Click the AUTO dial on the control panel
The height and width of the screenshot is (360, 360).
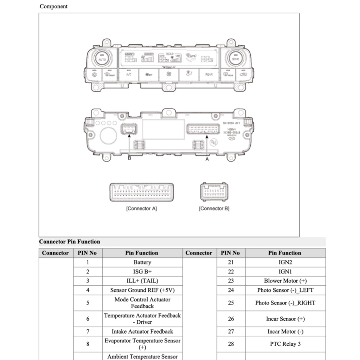coord(102,58)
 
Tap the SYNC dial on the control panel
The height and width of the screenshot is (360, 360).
coord(235,58)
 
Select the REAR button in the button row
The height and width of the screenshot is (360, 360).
coord(209,75)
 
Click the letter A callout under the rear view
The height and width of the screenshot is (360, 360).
coord(207,159)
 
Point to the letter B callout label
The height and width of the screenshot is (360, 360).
coord(129,158)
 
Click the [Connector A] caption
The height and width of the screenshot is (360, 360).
coord(141,208)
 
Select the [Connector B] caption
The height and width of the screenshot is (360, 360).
coord(214,208)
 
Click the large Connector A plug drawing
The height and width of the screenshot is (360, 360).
coord(142,192)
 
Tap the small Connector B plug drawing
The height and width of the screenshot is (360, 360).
coord(214,192)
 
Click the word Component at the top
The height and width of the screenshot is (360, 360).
coord(53,6)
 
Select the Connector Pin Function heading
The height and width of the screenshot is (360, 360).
coord(69,242)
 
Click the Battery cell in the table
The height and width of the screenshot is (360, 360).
coord(142,262)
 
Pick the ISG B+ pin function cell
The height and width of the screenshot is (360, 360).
coord(142,271)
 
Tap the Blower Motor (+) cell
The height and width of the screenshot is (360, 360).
coord(285,281)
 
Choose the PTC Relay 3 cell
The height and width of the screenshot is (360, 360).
coord(285,344)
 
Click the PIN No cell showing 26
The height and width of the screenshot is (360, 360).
coord(231,319)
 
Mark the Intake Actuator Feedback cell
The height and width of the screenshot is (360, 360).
coord(142,332)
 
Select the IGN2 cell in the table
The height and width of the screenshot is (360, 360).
coord(285,262)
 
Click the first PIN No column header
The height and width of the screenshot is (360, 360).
coord(88,253)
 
